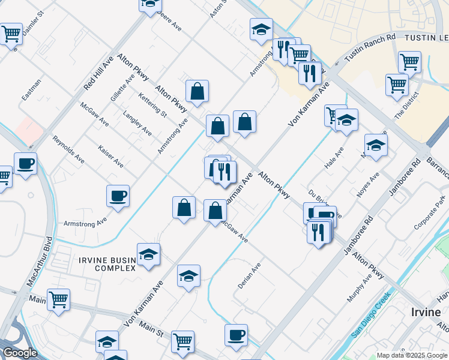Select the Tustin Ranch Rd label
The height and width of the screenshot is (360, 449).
(370, 47)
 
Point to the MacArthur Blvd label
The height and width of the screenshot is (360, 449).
(38, 262)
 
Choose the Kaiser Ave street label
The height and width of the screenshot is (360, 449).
(110, 155)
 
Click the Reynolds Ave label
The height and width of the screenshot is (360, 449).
(68, 149)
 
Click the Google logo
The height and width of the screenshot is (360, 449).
(20, 353)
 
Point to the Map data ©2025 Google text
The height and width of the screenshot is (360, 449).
(412, 355)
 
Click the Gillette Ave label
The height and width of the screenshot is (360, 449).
(122, 88)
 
